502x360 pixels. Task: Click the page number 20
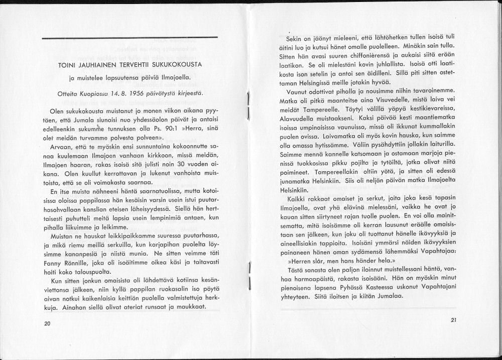tap(47, 324)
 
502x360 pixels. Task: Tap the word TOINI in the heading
tap(68, 65)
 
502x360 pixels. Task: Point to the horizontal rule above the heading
tap(130, 38)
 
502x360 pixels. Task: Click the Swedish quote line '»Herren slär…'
tap(341, 261)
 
